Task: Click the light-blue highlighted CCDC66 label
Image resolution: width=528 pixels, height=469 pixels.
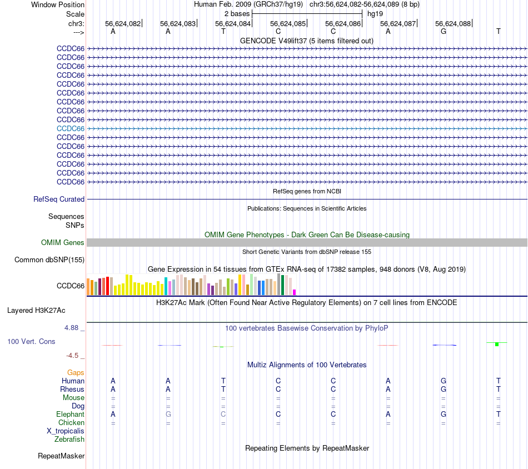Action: click(x=71, y=128)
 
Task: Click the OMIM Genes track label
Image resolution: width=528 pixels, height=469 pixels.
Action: click(x=63, y=242)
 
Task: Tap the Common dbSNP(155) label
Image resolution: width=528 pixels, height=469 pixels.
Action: click(x=49, y=260)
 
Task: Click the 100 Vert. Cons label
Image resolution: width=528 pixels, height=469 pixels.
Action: click(x=31, y=341)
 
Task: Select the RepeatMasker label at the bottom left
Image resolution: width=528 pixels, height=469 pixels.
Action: click(x=61, y=456)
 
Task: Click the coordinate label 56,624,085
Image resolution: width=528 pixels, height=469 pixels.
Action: click(x=287, y=23)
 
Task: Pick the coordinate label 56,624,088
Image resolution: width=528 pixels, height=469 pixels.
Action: click(x=453, y=23)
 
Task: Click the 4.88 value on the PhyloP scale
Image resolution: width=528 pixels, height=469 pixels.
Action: click(x=74, y=328)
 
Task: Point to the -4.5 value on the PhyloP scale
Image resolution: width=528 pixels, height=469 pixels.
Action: click(x=74, y=355)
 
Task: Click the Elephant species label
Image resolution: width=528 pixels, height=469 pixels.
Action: click(x=70, y=414)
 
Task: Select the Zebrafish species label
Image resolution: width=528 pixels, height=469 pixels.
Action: click(x=69, y=439)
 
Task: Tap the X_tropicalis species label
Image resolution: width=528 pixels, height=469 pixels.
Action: click(x=66, y=431)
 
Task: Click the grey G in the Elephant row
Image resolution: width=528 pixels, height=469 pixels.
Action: click(x=168, y=414)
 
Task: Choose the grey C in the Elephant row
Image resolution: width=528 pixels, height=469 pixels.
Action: click(x=223, y=414)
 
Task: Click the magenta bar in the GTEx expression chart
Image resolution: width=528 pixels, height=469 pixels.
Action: click(x=295, y=292)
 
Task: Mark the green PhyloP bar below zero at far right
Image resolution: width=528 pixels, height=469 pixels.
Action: click(x=497, y=345)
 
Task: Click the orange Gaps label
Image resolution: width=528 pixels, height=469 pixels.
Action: click(x=76, y=372)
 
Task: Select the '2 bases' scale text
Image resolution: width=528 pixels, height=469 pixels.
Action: click(x=237, y=13)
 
